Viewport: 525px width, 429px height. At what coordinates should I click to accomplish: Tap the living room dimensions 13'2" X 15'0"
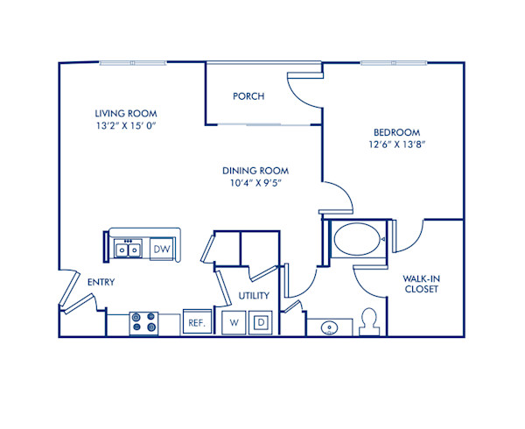point(129,125)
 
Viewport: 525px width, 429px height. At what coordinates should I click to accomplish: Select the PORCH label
point(248,96)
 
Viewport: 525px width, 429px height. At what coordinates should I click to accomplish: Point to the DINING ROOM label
point(255,171)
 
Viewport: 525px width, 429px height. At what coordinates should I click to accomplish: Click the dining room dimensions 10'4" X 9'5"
point(255,183)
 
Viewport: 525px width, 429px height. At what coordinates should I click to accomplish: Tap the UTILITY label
point(254,296)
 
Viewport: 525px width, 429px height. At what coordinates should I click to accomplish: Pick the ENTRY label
point(101,282)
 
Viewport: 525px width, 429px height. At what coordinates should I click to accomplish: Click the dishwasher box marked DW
point(161,250)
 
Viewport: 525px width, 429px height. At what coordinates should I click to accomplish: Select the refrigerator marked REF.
point(197,323)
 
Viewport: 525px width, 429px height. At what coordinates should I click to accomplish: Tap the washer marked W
point(234,322)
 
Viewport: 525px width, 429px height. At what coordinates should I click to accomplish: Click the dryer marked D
point(260,322)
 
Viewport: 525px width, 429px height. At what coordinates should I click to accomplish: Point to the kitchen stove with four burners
point(143,323)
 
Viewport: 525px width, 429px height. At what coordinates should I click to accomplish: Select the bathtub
point(356,238)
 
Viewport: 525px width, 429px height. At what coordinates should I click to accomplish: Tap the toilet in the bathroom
point(368,320)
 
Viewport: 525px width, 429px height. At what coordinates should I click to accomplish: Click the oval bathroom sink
point(330,328)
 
